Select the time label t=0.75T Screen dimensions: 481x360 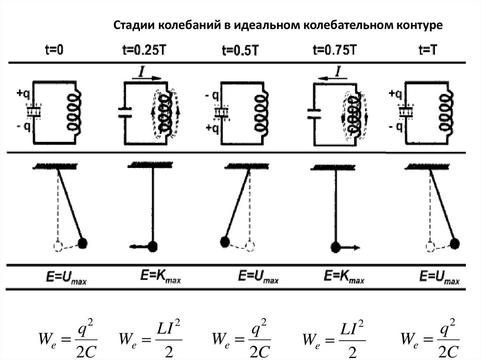334,49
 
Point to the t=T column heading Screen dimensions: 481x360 428,50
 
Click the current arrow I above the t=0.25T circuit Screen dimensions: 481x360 147,77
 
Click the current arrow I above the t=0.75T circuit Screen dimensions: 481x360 333,78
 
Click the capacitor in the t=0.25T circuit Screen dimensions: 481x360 124,112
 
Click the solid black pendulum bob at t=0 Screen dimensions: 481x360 83,244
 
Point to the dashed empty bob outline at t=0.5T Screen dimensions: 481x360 250,246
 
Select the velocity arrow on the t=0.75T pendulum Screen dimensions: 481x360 349,247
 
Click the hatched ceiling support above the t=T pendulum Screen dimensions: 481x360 427,167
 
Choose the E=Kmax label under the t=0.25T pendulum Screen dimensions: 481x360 161,276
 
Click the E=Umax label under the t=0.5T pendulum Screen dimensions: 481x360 258,276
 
